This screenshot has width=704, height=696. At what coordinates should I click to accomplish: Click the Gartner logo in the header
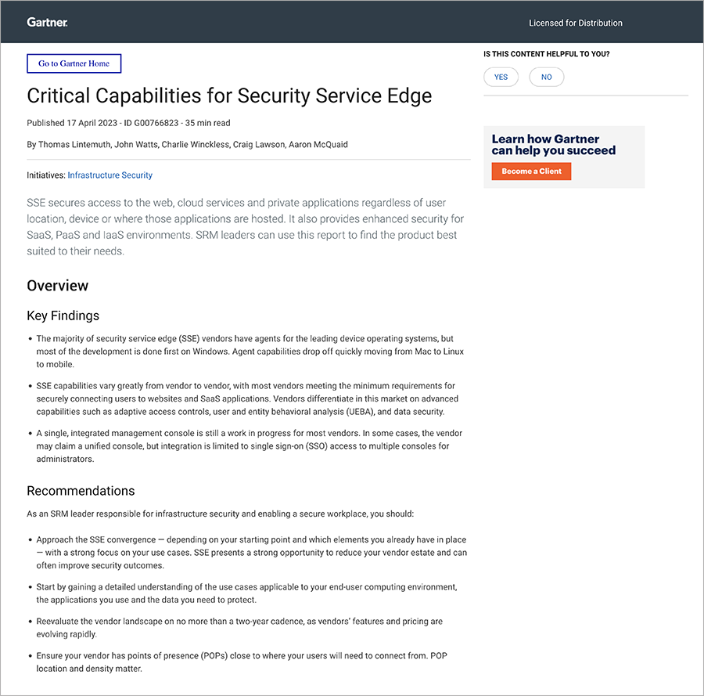(48, 22)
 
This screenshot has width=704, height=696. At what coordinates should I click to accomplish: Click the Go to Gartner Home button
(74, 63)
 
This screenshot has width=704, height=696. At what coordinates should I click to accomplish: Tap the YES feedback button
(501, 77)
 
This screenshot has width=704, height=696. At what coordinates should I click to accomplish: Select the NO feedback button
(546, 77)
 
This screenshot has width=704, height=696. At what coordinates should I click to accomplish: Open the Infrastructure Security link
(110, 175)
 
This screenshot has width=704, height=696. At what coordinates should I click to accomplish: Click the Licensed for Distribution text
(576, 23)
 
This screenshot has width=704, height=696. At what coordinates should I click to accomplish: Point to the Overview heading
(58, 286)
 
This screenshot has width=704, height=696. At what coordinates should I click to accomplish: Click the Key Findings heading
(63, 316)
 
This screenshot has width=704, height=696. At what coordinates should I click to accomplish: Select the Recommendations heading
(81, 491)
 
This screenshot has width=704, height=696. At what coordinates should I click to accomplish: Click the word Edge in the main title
(408, 96)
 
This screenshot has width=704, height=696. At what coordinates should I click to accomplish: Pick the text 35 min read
(207, 123)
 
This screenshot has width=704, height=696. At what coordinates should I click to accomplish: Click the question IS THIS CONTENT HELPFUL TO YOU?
(547, 54)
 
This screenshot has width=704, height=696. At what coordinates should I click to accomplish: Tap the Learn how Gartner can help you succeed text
(554, 145)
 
